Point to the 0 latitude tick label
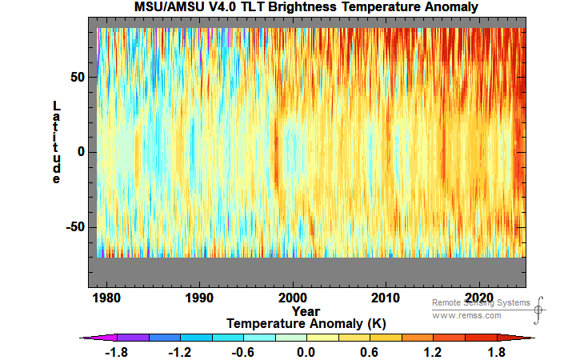[x=80, y=152]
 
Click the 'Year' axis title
[x=306, y=310]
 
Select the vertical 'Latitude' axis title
[x=56, y=142]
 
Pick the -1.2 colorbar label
[x=180, y=353]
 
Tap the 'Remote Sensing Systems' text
[x=481, y=302]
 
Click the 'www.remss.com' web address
[x=466, y=315]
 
